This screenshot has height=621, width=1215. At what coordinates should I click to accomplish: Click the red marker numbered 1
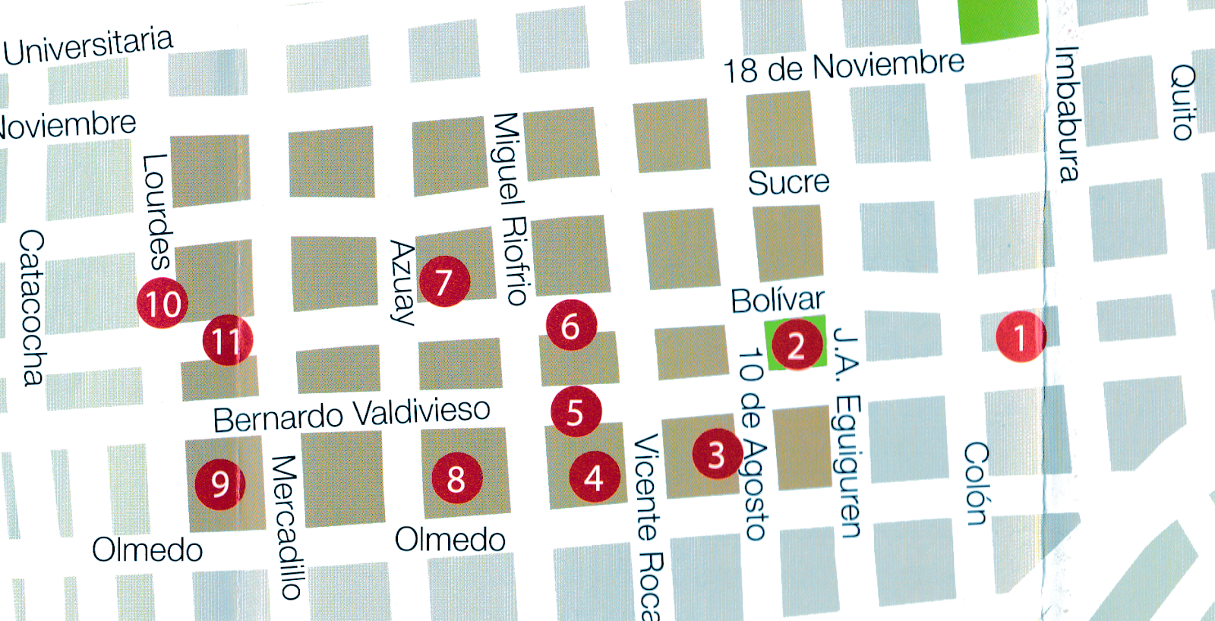coord(1020,336)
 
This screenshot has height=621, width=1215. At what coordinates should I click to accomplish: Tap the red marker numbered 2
coord(797,345)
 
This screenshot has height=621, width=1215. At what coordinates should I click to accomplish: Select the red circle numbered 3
coord(717,454)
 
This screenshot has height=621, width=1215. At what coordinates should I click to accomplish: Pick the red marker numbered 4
coord(595,478)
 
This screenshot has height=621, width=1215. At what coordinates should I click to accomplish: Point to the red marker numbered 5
coord(576,412)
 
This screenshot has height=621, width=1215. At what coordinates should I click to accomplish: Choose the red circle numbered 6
coord(571,325)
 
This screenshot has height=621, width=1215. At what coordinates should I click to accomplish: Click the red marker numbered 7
coord(444,282)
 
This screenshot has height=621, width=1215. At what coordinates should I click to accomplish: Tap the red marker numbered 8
coord(456,478)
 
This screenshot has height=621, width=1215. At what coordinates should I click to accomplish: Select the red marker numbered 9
coord(220,483)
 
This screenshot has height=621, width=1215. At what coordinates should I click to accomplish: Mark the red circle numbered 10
coord(163,304)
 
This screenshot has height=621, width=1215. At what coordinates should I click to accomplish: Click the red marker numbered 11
coord(227,341)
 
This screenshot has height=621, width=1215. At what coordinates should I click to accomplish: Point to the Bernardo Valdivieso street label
coord(352,415)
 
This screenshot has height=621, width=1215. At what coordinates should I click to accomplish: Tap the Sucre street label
coord(788,182)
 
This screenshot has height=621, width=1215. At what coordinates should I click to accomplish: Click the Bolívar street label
coord(777,301)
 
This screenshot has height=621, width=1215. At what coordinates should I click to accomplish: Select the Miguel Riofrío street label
coord(510,209)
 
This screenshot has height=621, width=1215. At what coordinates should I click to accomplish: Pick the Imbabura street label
coord(1068,115)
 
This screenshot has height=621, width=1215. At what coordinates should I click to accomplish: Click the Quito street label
coord(1183,102)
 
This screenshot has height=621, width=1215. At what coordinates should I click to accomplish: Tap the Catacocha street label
coord(32,307)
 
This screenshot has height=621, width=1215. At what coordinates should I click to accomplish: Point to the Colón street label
coord(977,484)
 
